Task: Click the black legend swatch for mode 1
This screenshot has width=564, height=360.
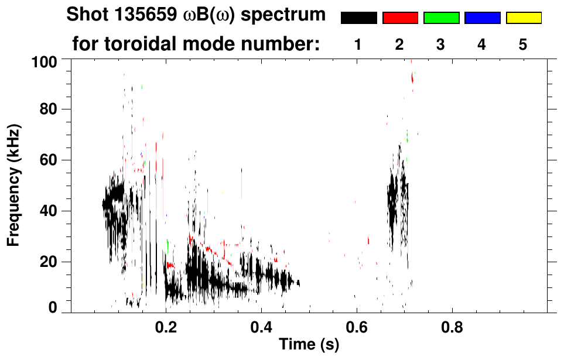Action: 358,18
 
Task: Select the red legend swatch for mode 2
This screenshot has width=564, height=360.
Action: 400,18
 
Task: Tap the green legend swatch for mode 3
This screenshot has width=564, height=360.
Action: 441,18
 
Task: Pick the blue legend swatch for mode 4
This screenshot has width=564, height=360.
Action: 482,18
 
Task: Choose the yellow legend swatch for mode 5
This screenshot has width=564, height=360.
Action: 523,18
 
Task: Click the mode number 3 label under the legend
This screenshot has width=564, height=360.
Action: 441,44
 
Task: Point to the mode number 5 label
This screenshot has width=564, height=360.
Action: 523,44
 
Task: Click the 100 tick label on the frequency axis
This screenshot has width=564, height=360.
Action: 45,60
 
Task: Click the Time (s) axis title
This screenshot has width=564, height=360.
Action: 309,345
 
